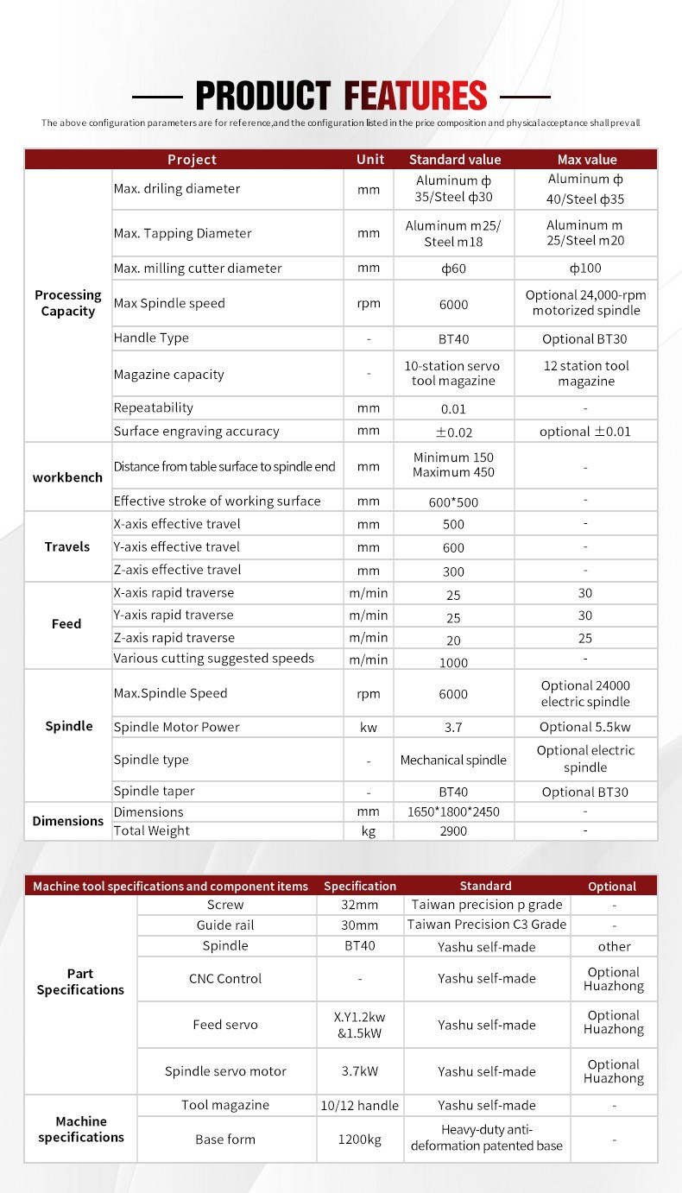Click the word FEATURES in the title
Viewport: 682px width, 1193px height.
click(415, 96)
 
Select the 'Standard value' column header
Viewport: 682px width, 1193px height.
click(454, 160)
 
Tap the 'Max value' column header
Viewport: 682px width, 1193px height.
click(587, 160)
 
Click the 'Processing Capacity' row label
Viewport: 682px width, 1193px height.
click(68, 303)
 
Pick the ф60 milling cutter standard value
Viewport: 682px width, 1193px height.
click(453, 268)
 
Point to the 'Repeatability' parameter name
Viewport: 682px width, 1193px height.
click(154, 407)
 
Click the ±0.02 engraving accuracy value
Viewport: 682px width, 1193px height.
click(453, 432)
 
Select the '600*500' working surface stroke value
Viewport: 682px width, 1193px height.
click(453, 502)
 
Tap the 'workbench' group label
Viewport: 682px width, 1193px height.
click(67, 477)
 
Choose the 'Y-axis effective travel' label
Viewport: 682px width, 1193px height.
click(177, 546)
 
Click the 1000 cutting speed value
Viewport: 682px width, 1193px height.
click(453, 663)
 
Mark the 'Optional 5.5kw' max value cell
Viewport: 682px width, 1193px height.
click(585, 727)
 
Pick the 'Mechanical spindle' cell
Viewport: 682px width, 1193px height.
click(453, 761)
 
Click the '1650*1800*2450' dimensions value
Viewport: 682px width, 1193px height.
click(453, 812)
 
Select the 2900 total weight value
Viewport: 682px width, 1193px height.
click(453, 831)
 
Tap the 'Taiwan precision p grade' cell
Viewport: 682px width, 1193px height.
click(487, 905)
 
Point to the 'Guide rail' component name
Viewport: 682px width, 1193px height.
click(225, 925)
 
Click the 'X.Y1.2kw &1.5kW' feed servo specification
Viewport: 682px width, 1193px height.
click(360, 1026)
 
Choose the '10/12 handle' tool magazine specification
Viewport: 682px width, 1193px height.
click(360, 1105)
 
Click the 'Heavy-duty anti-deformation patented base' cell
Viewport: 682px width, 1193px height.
click(487, 1138)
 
